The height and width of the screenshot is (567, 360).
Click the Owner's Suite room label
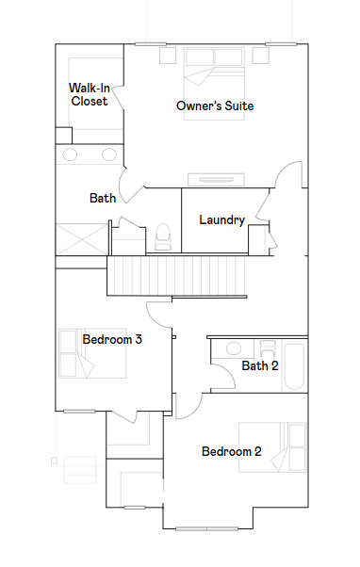click(x=215, y=105)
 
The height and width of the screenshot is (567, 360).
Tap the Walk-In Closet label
click(x=90, y=94)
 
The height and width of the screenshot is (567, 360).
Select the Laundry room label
click(x=222, y=219)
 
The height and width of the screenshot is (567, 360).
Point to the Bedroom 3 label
click(x=112, y=339)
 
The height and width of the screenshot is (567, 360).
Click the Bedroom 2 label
click(x=232, y=451)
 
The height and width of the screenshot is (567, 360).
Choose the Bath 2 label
click(x=260, y=365)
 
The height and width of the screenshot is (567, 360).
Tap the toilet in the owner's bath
click(x=162, y=237)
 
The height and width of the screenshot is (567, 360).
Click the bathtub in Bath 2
click(x=294, y=366)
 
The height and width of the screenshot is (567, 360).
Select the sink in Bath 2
click(x=234, y=348)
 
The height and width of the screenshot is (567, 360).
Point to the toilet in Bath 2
click(x=268, y=348)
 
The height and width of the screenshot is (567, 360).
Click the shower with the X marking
click(x=82, y=239)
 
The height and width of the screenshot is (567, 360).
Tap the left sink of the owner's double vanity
click(x=70, y=154)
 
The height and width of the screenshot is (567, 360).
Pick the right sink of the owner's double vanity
click(x=109, y=154)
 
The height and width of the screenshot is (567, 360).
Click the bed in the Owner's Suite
click(x=214, y=84)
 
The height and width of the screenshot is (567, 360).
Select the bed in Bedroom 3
click(x=92, y=353)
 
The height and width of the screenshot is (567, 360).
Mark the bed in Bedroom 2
click(x=272, y=447)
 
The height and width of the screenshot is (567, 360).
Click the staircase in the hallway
click(x=176, y=276)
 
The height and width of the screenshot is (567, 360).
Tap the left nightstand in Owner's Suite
click(x=168, y=56)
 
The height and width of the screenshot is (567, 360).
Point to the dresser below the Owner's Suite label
click(x=216, y=179)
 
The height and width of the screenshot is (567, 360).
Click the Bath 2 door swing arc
click(x=229, y=371)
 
